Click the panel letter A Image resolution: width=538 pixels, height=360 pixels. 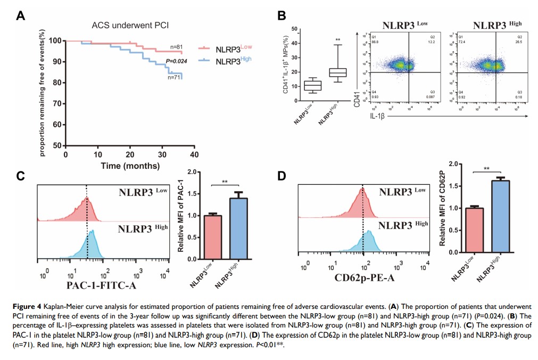(x=21, y=15)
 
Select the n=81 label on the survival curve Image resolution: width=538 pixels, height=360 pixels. (x=176, y=47)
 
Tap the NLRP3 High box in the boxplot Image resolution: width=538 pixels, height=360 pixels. (x=337, y=72)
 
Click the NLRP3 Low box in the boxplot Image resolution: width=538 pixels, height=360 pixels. (x=312, y=86)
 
